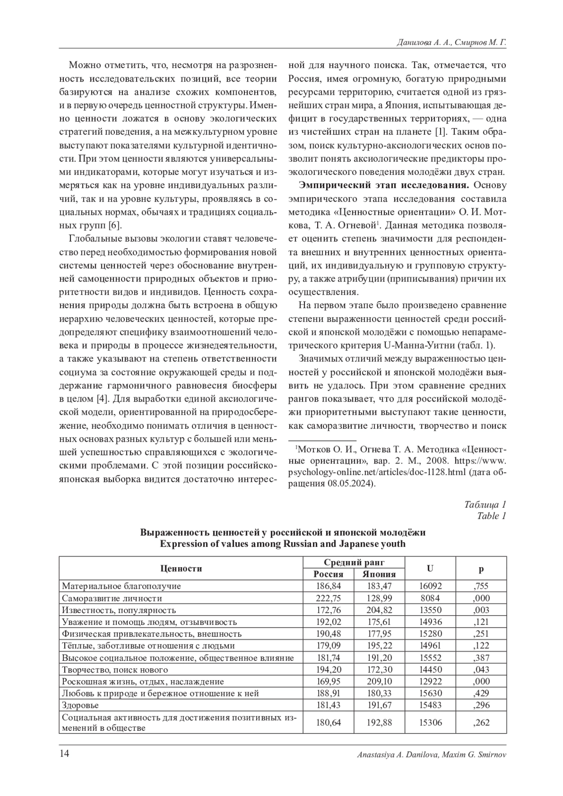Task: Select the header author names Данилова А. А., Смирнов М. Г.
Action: click(451, 42)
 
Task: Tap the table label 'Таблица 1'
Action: click(485, 505)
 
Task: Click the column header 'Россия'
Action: click(328, 574)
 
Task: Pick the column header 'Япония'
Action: click(379, 574)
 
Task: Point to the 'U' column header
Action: click(430, 568)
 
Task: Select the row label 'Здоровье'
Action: click(80, 705)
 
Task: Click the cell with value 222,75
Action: click(328, 598)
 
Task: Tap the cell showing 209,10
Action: click(379, 682)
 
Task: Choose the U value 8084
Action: click(430, 598)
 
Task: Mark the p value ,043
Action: click(481, 669)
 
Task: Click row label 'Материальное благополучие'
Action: click(121, 586)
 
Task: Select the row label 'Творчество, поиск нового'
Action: click(114, 669)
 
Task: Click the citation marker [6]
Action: click(115, 225)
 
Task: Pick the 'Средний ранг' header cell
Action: click(354, 562)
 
